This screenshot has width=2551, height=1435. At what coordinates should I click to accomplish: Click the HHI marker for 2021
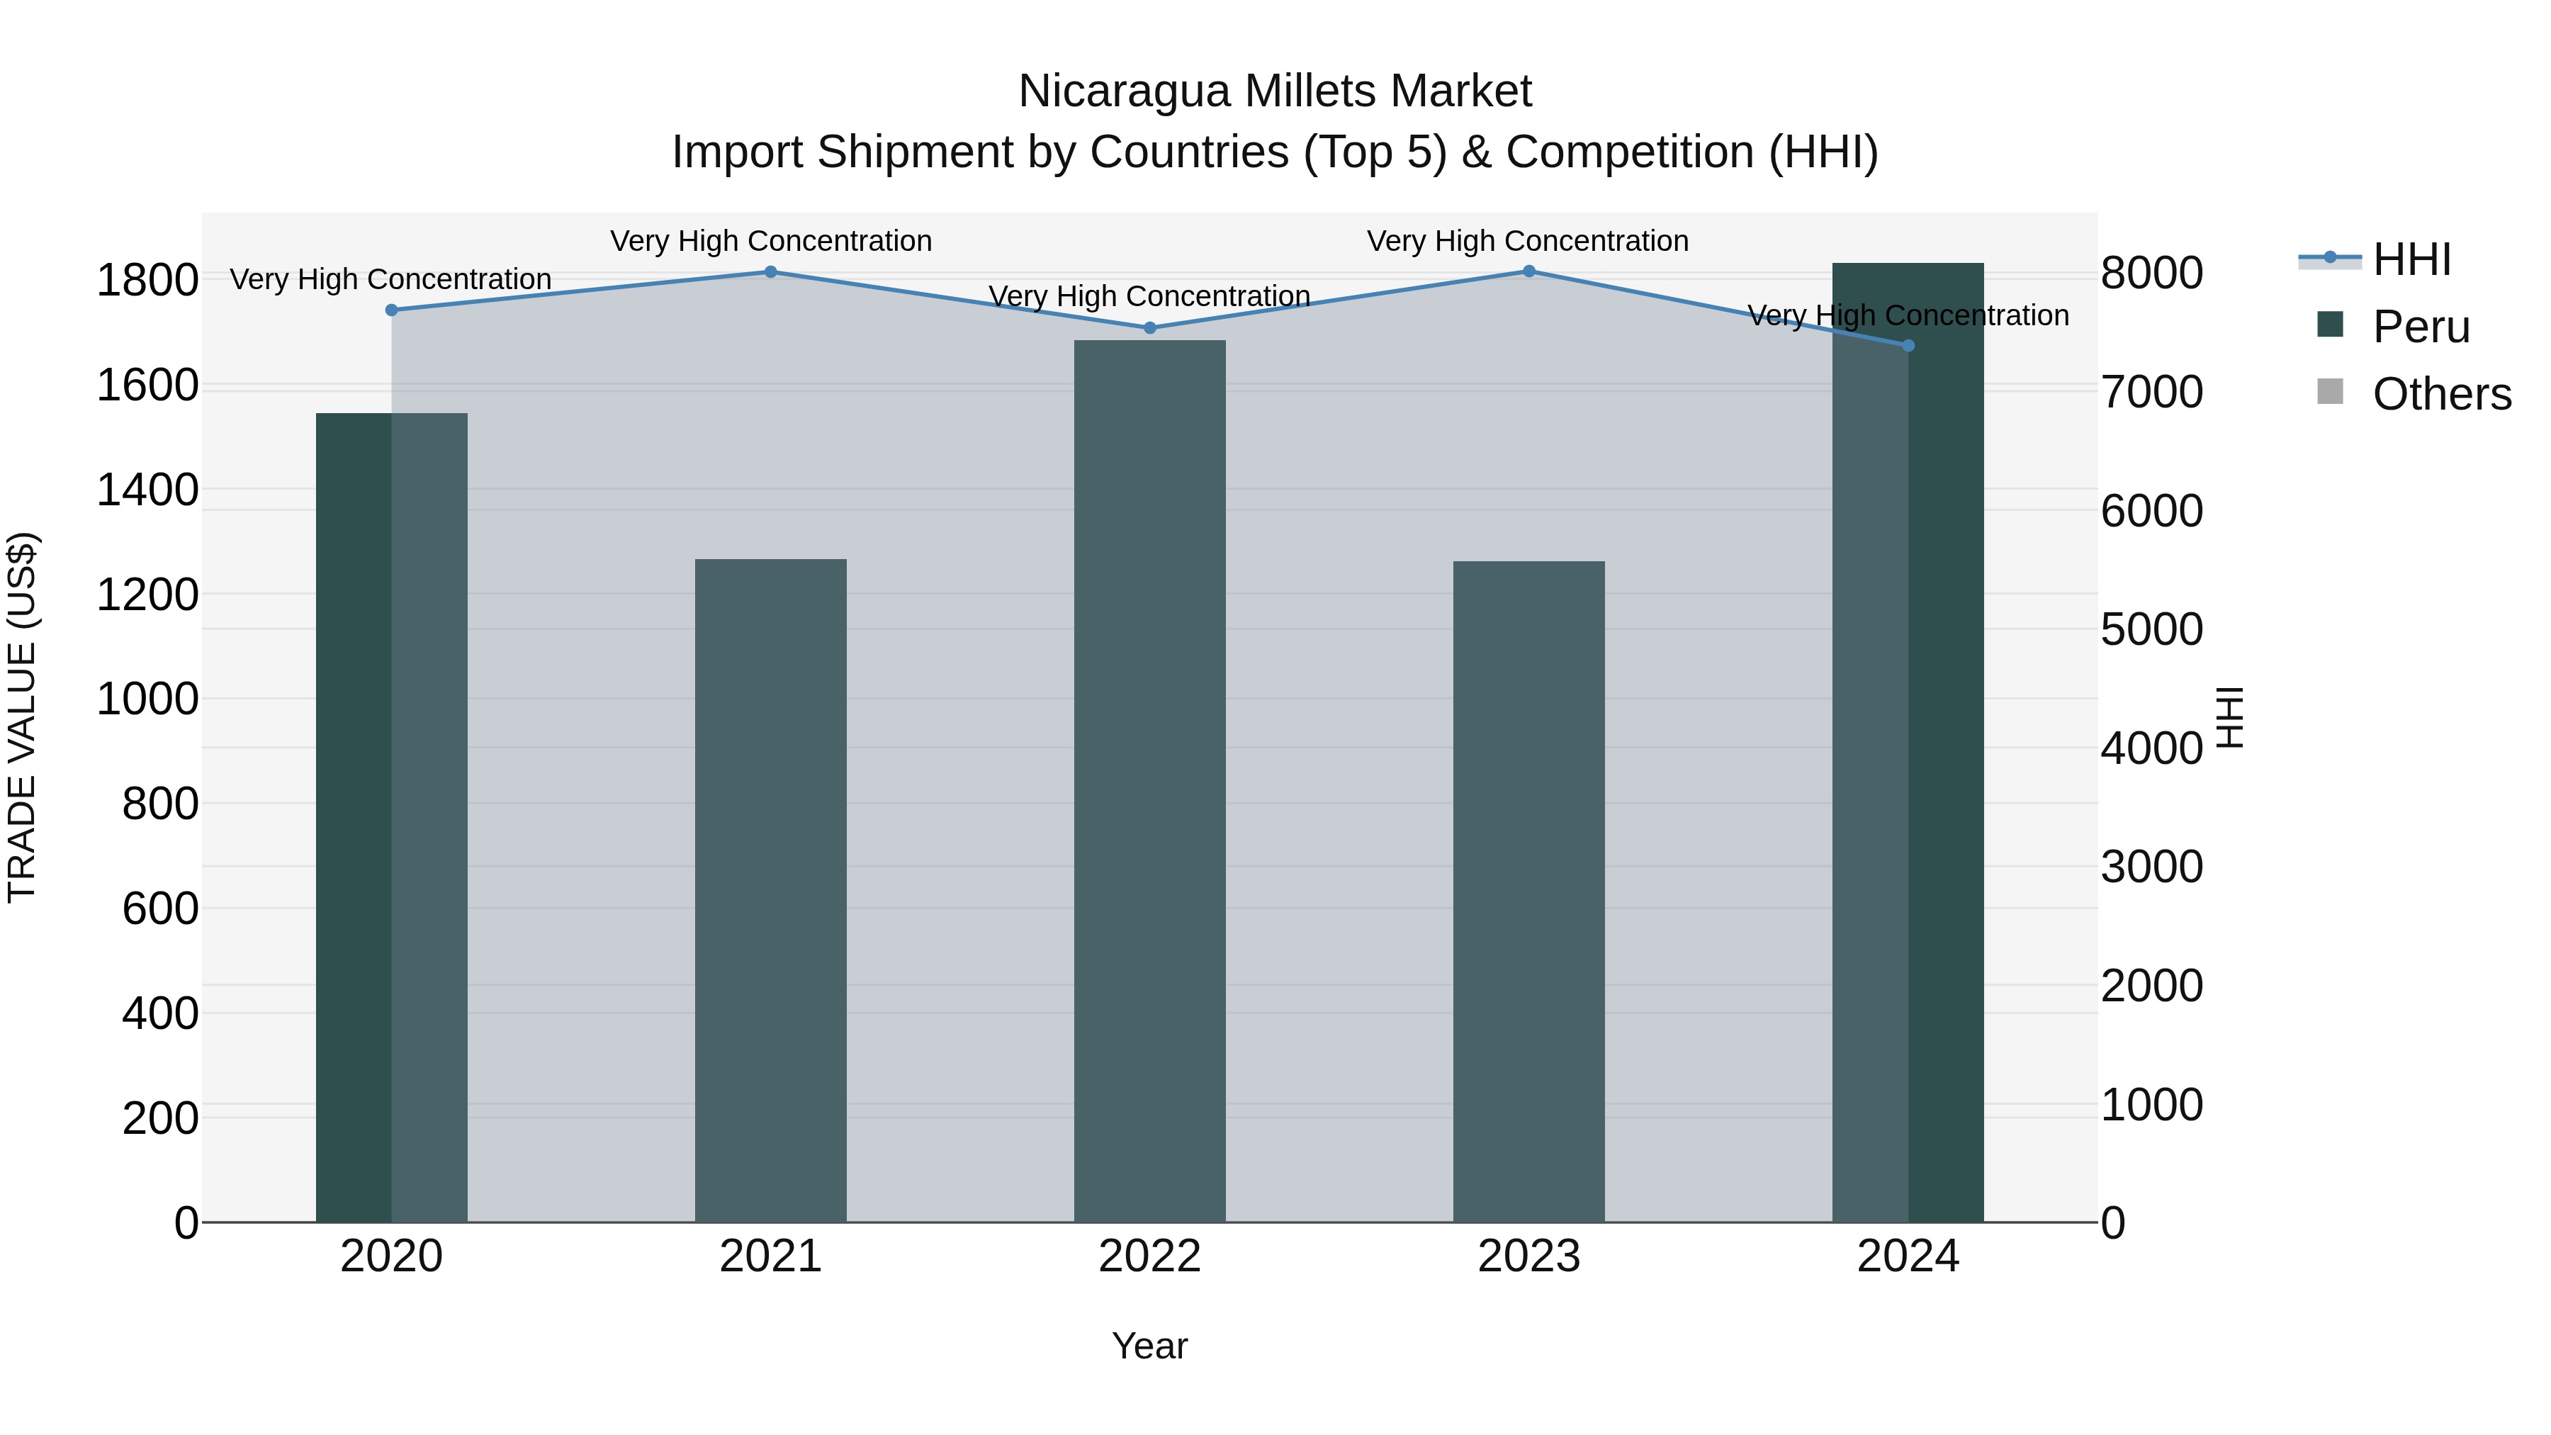(x=770, y=272)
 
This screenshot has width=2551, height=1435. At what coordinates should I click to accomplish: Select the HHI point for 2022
(x=1150, y=328)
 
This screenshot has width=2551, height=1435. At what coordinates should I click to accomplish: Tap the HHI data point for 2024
(x=1908, y=346)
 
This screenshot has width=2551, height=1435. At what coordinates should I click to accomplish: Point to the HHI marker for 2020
(x=391, y=310)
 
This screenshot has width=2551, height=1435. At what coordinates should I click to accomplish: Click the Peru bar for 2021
(x=770, y=891)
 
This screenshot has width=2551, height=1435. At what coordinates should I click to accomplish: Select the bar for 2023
(x=1529, y=891)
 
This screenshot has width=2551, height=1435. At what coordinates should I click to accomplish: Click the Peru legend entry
(x=2421, y=327)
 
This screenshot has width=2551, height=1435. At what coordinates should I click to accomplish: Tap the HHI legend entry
(x=2411, y=259)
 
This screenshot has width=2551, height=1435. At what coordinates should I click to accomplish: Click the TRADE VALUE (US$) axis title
(x=22, y=717)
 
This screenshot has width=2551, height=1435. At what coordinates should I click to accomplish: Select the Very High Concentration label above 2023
(x=1528, y=241)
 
